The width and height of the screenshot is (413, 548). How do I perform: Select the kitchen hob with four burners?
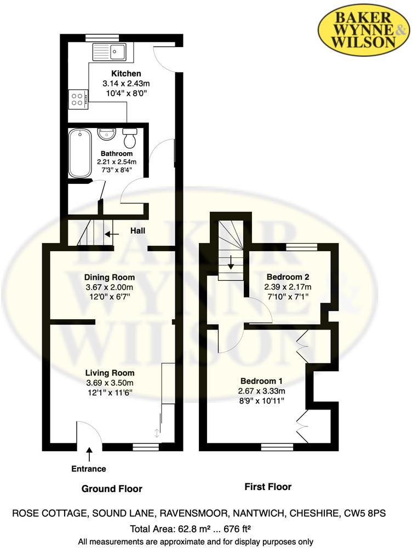click(x=78, y=99)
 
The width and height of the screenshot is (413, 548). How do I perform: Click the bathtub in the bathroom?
click(x=81, y=153)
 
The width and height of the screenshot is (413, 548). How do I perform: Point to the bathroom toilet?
click(x=130, y=138)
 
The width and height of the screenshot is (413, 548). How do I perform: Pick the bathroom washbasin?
click(x=105, y=133)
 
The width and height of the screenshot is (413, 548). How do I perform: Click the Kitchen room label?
click(x=126, y=73)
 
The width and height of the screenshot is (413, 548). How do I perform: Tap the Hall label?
click(x=137, y=232)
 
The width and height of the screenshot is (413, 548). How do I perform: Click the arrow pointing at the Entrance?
click(x=89, y=455)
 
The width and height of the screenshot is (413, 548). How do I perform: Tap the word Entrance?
click(x=89, y=469)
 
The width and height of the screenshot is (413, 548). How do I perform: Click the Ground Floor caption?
click(x=112, y=488)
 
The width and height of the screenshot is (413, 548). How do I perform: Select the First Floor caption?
click(x=268, y=487)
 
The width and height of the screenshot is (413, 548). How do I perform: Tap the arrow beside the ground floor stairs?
click(x=112, y=234)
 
